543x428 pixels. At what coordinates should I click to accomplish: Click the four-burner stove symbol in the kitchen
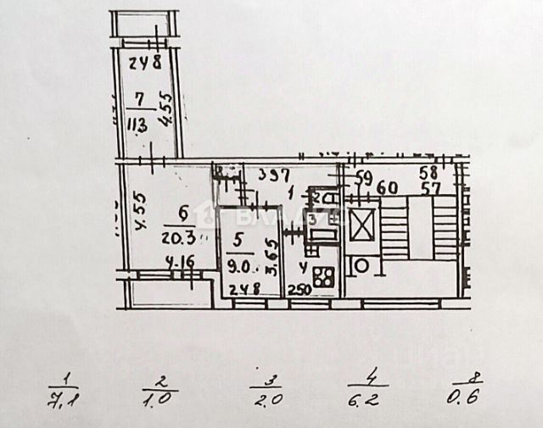[322, 275]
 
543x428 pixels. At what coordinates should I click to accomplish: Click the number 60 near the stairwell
[387, 187]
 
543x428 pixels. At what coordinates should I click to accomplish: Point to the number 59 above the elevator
[363, 178]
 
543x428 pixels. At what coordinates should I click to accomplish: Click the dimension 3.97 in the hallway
[274, 175]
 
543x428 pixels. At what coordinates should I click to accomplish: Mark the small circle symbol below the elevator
[361, 265]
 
